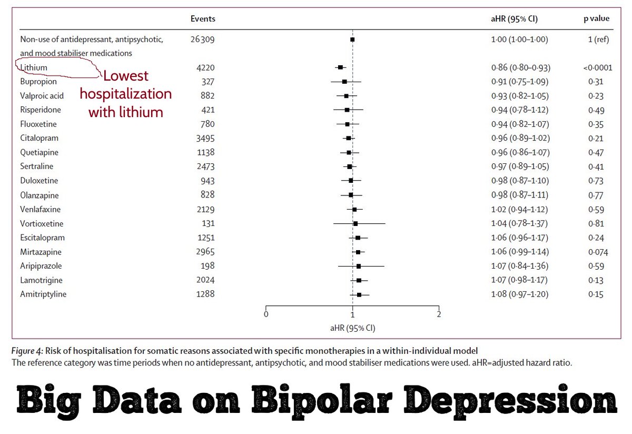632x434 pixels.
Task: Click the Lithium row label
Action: point(34,67)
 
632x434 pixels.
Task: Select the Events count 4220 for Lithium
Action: point(203,67)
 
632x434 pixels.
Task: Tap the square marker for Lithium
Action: point(340,67)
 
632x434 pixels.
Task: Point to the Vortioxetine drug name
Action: point(42,223)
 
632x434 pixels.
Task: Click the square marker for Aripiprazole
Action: point(359,266)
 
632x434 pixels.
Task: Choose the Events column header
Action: point(203,19)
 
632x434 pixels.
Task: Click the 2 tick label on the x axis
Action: point(439,314)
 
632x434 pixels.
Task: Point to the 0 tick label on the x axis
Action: point(266,314)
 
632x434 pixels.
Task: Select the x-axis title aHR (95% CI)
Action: point(352,327)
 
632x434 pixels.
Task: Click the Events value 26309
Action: point(203,40)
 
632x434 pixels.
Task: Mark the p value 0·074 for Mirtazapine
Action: point(597,252)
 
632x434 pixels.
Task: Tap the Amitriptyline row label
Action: point(43,294)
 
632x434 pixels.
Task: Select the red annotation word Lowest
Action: point(126,76)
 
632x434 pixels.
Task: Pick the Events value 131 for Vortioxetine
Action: point(208,223)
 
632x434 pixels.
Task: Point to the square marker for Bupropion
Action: point(344,82)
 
